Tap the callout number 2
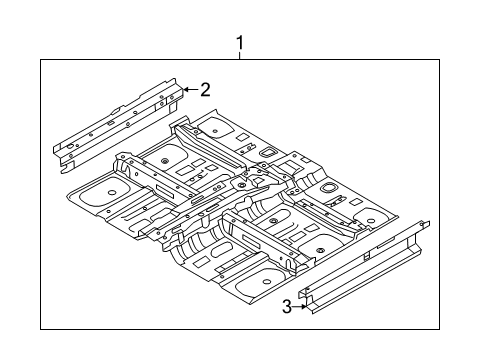coord(205,90)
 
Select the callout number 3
coord(287,307)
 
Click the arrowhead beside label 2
coord(187,90)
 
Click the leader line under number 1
coord(240,56)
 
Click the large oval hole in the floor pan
coord(327,188)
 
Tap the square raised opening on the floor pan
coord(269,149)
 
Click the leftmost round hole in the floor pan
coord(109,189)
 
